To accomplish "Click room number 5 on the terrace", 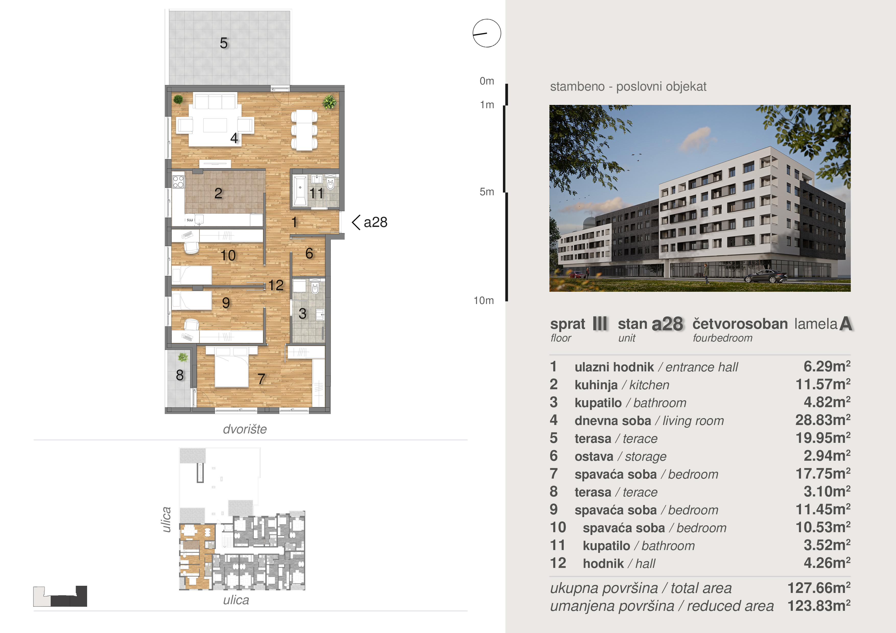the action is point(223,43).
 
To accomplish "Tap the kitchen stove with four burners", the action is point(178,182).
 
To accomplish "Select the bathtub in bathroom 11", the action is point(300,191).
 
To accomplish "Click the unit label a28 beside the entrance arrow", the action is point(375,222).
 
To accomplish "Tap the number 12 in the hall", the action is point(276,285).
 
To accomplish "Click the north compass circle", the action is point(487,33).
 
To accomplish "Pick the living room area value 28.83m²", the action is point(823,420).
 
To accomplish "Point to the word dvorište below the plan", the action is point(245,429).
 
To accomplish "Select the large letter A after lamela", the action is point(845,324).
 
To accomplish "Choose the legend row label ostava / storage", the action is point(620,456).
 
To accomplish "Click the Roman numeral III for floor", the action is point(600,324).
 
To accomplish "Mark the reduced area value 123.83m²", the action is point(819,606).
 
